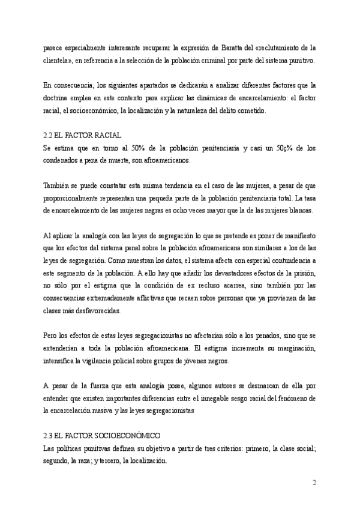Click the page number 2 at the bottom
(314, 483)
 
